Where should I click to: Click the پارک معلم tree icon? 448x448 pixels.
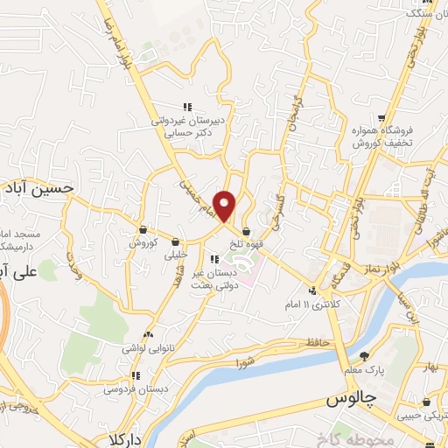364,355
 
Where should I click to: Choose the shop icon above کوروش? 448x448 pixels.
142,229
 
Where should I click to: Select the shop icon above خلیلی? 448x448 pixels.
176,241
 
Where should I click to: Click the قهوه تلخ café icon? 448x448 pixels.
248,232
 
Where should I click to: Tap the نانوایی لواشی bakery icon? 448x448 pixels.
148,334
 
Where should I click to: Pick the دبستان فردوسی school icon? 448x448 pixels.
135,376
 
